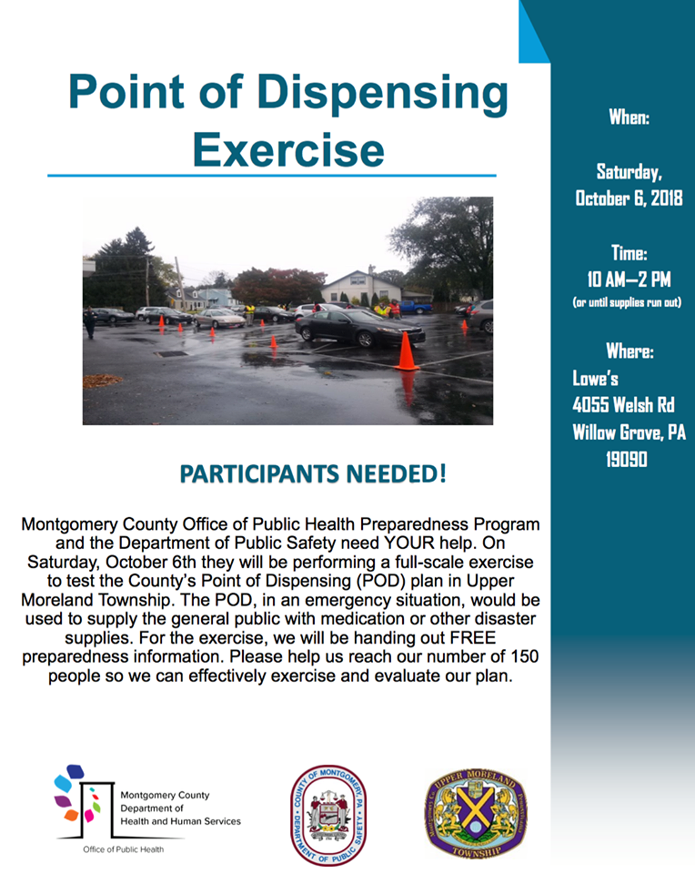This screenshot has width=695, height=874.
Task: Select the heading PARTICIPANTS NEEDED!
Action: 313,474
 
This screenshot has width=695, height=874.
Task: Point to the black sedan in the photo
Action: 360,328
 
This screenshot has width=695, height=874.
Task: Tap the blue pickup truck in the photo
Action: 415,307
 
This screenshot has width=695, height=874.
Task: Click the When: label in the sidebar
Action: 629,117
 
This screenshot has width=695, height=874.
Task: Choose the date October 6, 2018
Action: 629,198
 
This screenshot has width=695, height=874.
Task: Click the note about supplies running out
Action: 628,302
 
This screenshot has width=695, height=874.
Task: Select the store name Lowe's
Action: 596,378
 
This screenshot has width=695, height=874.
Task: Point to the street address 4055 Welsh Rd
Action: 623,405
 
